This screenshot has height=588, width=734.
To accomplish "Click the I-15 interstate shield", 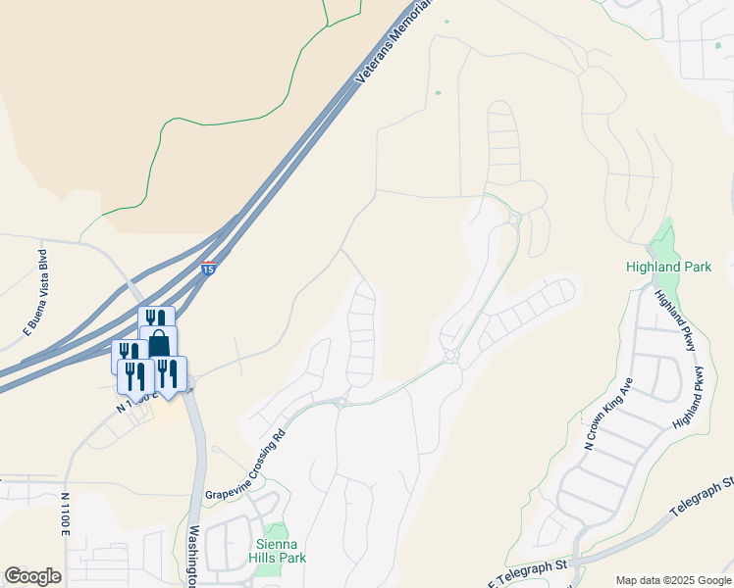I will [x=208, y=268].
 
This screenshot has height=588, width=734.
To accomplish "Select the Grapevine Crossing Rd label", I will [x=245, y=465].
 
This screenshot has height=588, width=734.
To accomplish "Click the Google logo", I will [x=32, y=576].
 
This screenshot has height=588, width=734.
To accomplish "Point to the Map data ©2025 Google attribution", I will [x=672, y=580].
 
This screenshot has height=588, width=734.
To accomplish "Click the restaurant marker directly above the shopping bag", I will [x=156, y=318].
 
